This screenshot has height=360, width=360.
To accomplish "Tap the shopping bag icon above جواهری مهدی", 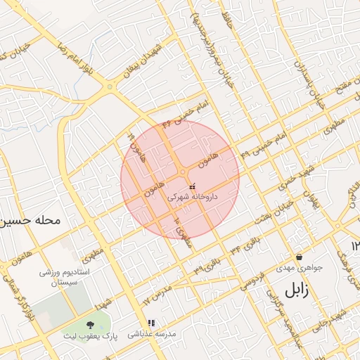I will (x=300, y=257).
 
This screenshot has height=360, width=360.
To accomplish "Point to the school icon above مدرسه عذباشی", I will (x=151, y=323).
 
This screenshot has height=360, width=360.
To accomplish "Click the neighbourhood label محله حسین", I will (x=31, y=220).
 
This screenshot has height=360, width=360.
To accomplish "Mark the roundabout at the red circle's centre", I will (x=182, y=172).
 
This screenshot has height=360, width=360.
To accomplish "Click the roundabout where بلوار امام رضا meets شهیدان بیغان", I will (x=109, y=86).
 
